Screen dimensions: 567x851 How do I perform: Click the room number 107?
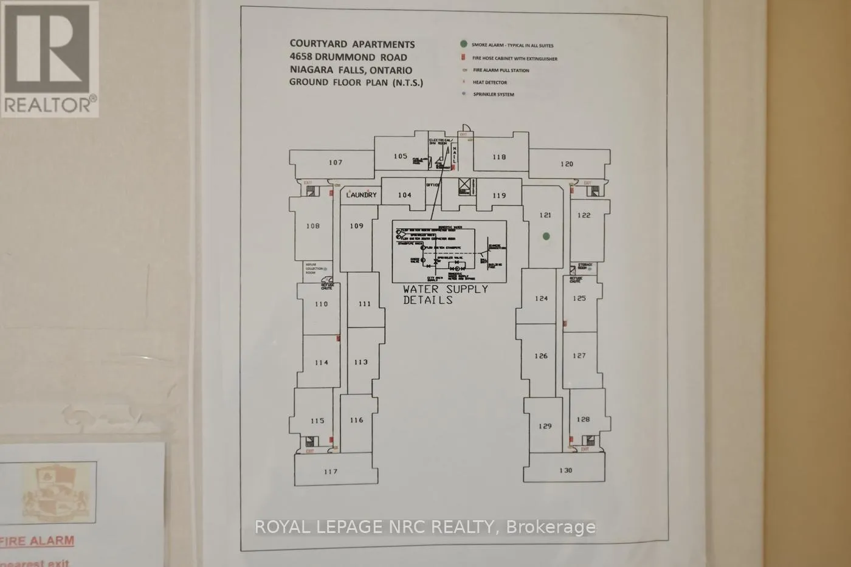click(336, 162)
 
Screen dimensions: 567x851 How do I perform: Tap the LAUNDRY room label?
click(361, 195)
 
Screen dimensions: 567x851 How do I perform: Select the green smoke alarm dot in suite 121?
click(546, 236)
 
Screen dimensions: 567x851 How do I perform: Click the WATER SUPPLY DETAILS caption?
click(445, 294)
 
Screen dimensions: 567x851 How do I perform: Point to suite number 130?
click(565, 470)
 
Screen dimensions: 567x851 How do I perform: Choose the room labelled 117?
click(330, 472)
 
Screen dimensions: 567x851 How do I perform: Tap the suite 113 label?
click(360, 362)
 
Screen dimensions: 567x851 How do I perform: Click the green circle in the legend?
click(463, 44)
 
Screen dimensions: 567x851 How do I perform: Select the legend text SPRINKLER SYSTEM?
click(494, 94)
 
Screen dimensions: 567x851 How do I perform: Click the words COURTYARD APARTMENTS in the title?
click(352, 44)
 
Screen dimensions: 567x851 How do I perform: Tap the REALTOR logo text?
click(49, 105)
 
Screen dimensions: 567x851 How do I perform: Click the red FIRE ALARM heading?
click(38, 541)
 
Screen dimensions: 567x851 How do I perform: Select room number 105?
click(400, 156)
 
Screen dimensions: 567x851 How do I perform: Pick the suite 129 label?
click(545, 426)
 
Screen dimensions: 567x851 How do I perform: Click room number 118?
click(498, 157)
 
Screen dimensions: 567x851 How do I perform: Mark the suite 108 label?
click(312, 226)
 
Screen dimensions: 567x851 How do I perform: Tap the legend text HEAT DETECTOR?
click(490, 82)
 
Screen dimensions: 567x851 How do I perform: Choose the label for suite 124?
click(541, 298)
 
